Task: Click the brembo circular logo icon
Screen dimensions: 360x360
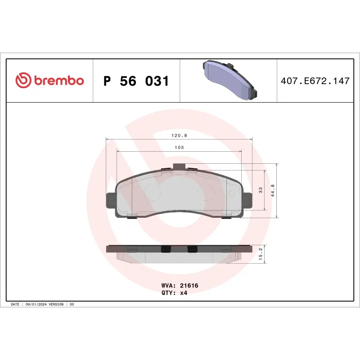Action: (x=23, y=81)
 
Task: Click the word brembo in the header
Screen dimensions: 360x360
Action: (x=58, y=81)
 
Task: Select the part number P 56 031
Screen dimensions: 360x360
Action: (x=136, y=81)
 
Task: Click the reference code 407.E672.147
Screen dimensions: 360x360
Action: (x=315, y=81)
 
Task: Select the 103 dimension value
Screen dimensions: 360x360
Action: (x=179, y=147)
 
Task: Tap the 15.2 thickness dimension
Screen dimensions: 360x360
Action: (x=261, y=255)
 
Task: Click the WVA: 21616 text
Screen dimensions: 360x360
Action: (x=180, y=285)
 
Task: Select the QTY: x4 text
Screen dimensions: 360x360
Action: (x=174, y=292)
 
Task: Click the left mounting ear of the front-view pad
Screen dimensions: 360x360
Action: (x=111, y=201)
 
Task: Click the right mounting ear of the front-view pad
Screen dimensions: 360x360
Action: (x=248, y=201)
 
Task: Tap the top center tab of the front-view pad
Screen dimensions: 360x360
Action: (x=179, y=166)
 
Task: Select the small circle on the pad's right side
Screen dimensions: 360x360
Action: (x=232, y=193)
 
